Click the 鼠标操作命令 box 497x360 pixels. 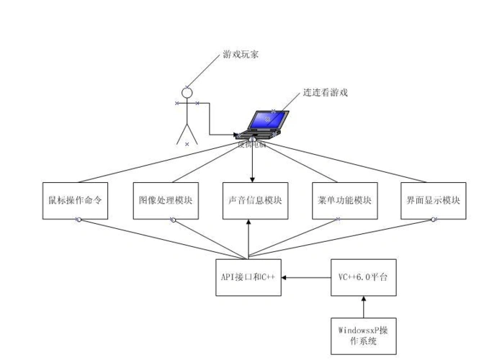pos(74,199)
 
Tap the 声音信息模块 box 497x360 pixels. pos(254,199)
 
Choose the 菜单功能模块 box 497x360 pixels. pos(344,199)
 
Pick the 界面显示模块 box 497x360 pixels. pos(433,199)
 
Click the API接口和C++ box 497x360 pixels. pos(248,276)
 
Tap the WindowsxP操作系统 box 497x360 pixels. pos(362,336)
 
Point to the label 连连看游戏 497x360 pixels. pos(326,93)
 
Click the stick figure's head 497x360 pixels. pos(187,93)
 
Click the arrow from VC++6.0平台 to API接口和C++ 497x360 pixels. pos(306,276)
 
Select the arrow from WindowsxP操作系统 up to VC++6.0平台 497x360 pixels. pos(362,306)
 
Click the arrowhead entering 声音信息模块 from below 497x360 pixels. pos(248,222)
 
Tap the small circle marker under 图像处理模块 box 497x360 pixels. pos(173,220)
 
